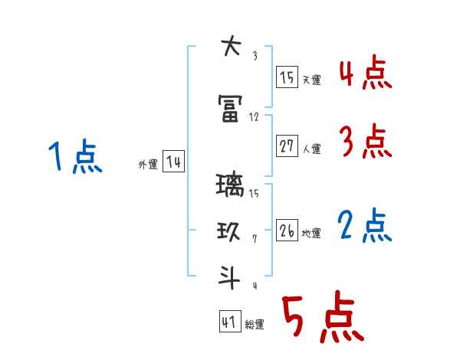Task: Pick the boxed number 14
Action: coord(173,162)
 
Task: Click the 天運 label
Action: coord(311,80)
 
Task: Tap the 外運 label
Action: coord(147,164)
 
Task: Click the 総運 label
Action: coord(255,325)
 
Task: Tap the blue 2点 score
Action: coord(365,225)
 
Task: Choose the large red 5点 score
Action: coord(321,318)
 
